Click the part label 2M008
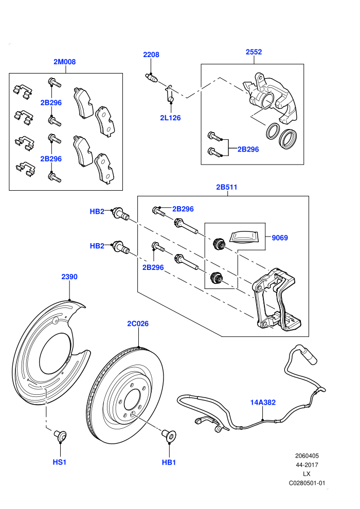coord(65,62)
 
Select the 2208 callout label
coord(151,54)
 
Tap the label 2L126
coord(170,118)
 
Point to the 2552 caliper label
coord(254,52)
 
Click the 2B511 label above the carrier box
coord(227,187)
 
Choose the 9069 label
coord(280,238)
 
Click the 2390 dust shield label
coord(69,277)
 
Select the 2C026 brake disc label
coord(138,323)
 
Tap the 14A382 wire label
coord(263,402)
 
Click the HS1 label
coord(60,462)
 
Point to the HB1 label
coord(169,462)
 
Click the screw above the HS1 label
coord(60,434)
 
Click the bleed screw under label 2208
coord(151,78)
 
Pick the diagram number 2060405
coord(307,456)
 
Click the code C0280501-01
coord(307,483)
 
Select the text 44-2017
coord(307,465)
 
